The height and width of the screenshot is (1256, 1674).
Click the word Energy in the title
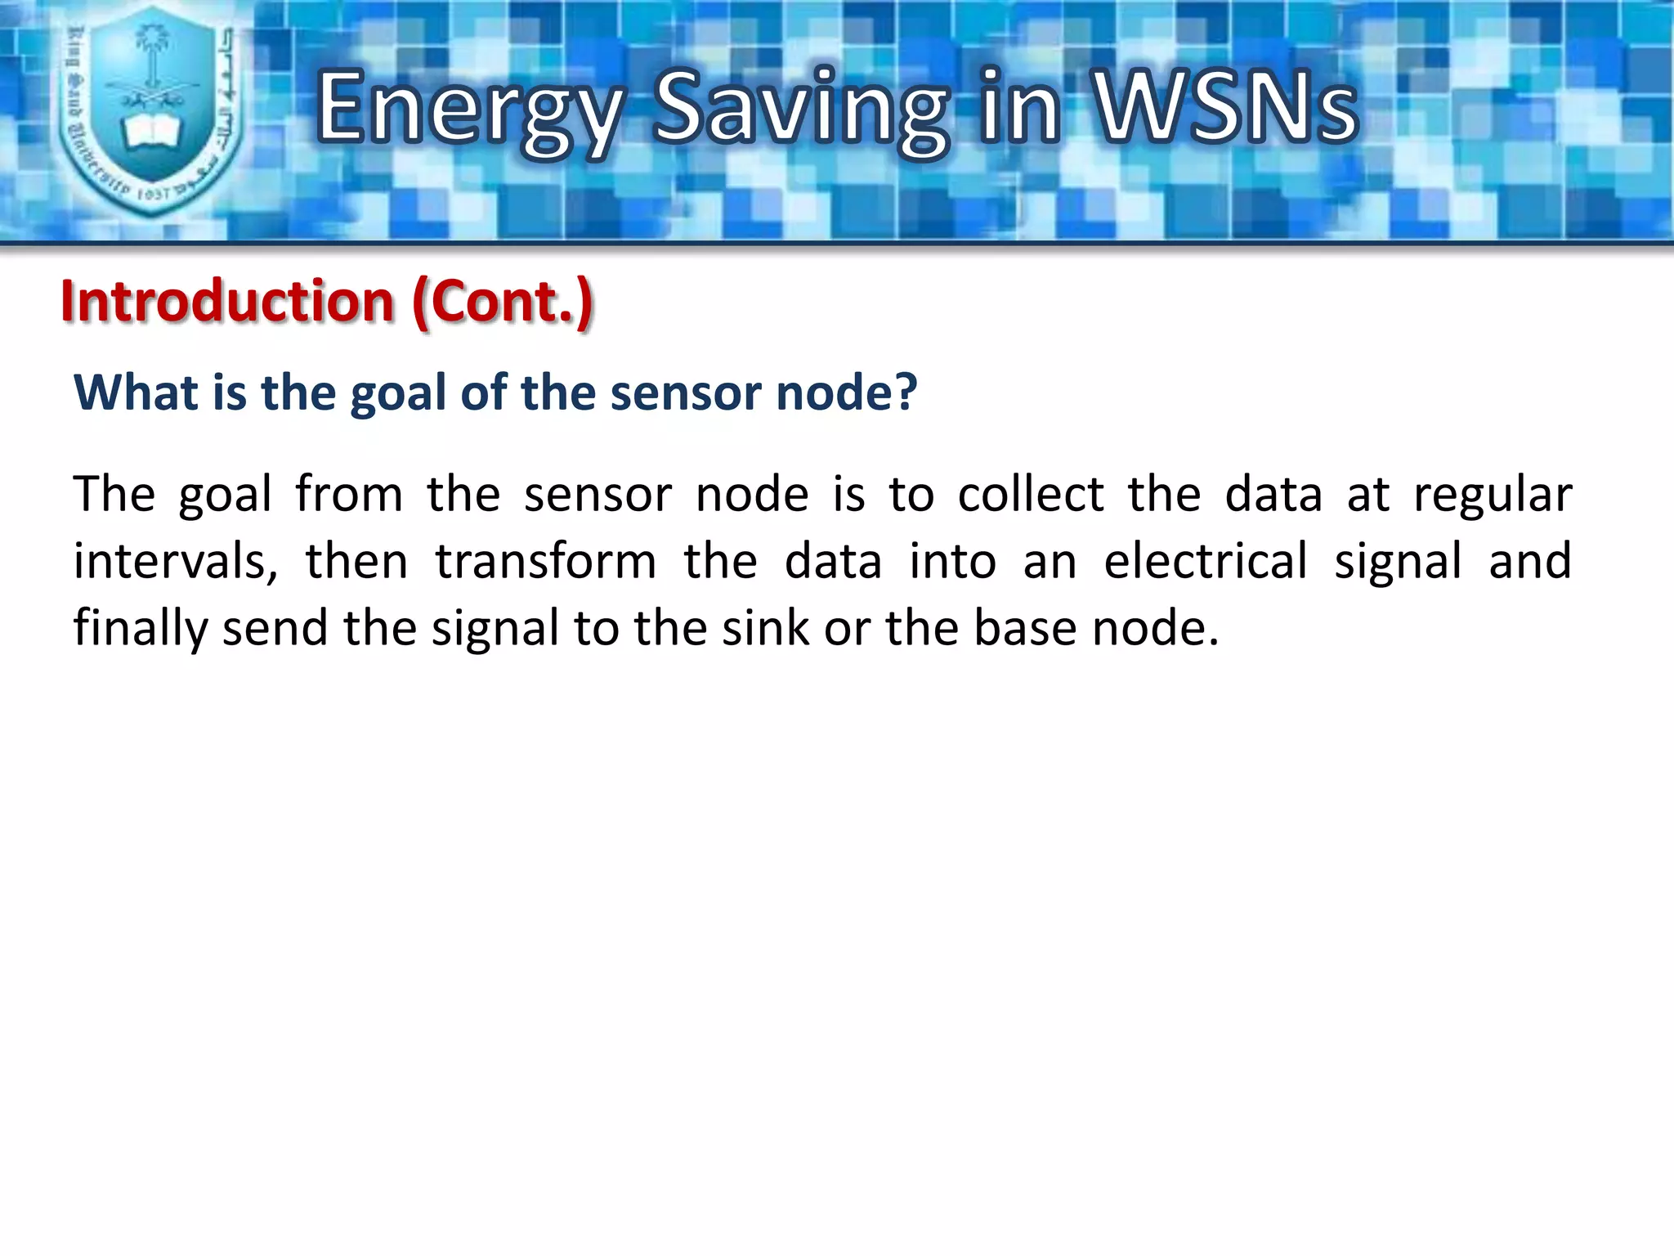click(469, 110)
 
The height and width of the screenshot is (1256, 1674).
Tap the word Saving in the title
click(801, 110)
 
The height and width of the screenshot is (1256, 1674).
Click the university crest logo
click(152, 110)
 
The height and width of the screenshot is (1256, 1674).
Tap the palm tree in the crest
click(150, 49)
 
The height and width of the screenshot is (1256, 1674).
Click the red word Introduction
click(227, 301)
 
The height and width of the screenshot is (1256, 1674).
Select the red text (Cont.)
click(503, 303)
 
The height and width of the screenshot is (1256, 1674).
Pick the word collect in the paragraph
click(1031, 495)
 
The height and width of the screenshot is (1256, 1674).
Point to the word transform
click(545, 563)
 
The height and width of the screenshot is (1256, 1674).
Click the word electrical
click(1206, 562)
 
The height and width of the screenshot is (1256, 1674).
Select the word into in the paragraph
click(952, 562)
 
